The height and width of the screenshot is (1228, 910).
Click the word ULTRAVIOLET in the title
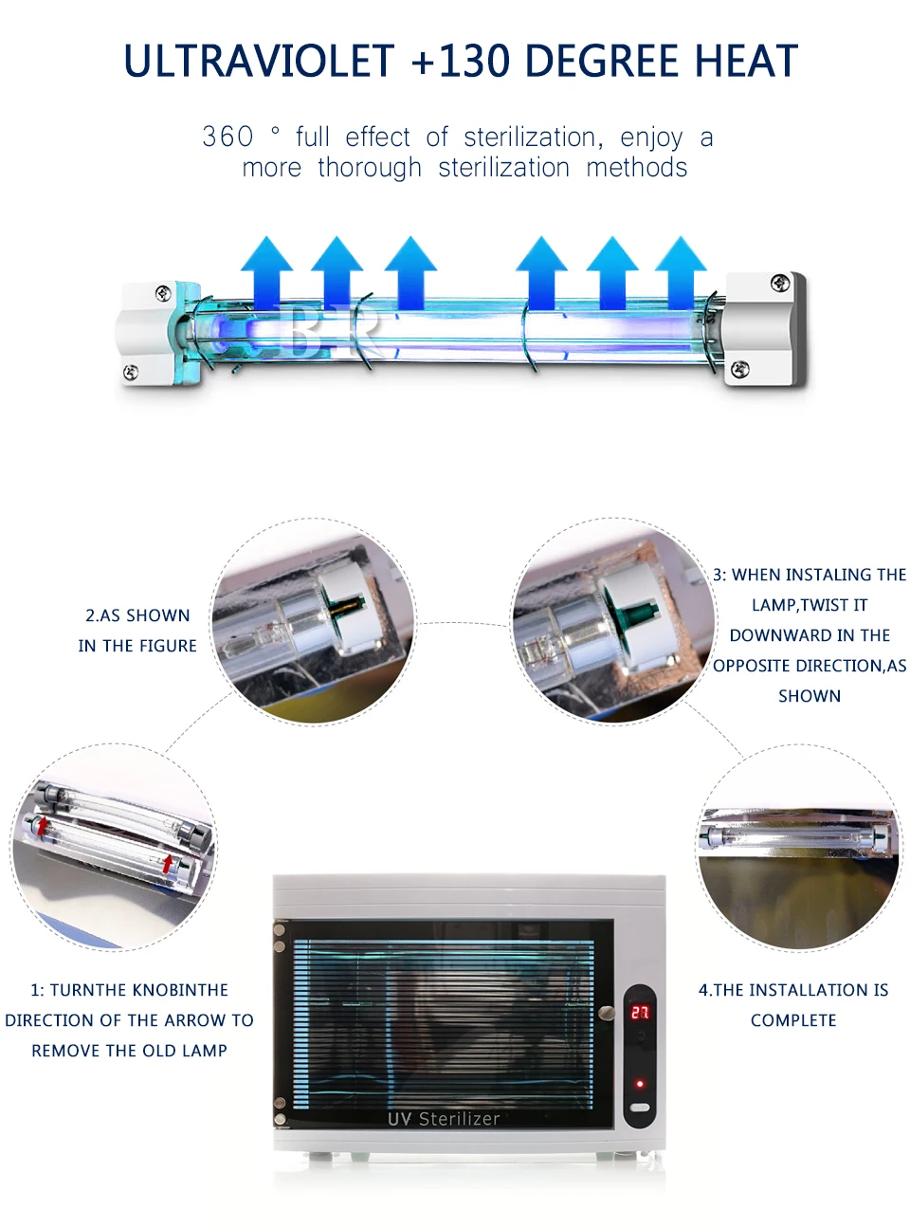click(259, 62)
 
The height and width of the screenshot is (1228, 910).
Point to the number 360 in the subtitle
click(227, 137)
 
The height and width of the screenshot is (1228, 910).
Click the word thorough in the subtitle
click(370, 168)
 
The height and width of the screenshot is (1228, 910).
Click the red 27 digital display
click(640, 1013)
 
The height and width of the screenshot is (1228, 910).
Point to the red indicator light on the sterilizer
click(640, 1083)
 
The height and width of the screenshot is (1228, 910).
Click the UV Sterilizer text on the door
click(443, 1119)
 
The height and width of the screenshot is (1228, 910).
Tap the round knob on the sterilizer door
click(607, 1013)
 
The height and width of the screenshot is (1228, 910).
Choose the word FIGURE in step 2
click(168, 646)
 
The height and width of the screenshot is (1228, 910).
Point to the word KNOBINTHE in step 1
click(179, 990)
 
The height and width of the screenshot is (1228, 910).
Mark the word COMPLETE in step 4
click(793, 1020)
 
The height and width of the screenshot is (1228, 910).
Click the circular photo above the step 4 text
click(798, 847)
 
